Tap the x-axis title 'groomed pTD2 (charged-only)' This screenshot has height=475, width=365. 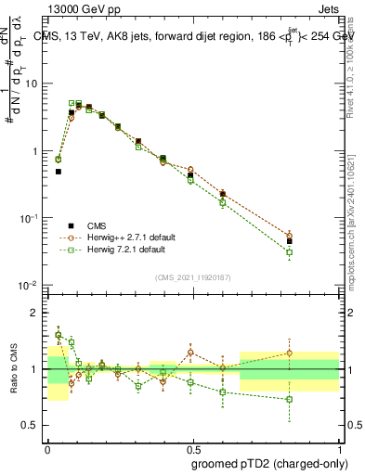pyautogui.click(x=268, y=464)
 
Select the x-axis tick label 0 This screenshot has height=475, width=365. pyautogui.click(x=47, y=448)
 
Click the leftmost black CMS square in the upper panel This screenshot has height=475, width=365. pyautogui.click(x=59, y=172)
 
